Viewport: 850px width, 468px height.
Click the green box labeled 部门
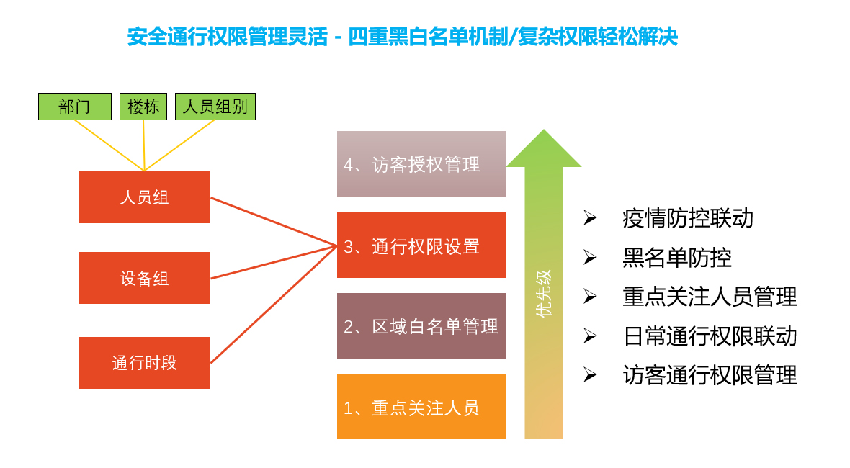pyautogui.click(x=75, y=107)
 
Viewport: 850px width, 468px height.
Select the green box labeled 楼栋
pyautogui.click(x=143, y=107)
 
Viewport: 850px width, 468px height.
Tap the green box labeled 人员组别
pyautogui.click(x=215, y=107)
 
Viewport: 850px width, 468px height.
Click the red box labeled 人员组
pyautogui.click(x=144, y=197)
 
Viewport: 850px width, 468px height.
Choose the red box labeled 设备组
pyautogui.click(x=144, y=278)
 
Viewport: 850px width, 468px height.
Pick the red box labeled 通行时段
pyautogui.click(x=144, y=363)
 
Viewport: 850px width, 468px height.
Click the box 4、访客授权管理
pyautogui.click(x=421, y=164)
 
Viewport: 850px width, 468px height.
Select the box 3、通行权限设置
pyautogui.click(x=421, y=246)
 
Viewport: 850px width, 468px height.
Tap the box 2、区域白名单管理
pyautogui.click(x=421, y=326)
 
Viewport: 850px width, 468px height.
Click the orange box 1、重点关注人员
pyautogui.click(x=421, y=407)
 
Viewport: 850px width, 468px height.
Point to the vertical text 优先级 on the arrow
pyautogui.click(x=544, y=293)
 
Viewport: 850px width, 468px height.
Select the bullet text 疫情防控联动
pyautogui.click(x=688, y=218)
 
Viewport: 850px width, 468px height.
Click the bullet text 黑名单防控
pyautogui.click(x=677, y=258)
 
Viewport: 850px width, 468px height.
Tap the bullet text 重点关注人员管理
pyautogui.click(x=710, y=297)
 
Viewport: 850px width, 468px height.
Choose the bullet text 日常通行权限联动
pyautogui.click(x=710, y=336)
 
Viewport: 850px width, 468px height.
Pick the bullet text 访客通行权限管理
pyautogui.click(x=710, y=375)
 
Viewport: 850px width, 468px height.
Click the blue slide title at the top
pyautogui.click(x=403, y=37)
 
